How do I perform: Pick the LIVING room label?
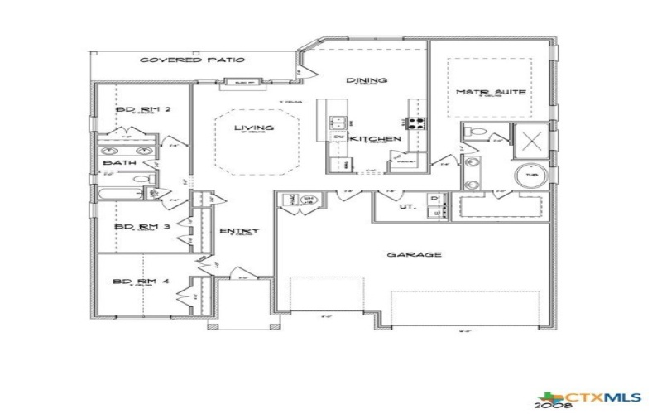253,128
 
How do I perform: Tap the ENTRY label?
239,231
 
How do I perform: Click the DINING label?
367,80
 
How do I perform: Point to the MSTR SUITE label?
492,92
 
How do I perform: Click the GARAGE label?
414,255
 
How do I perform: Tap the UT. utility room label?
406,207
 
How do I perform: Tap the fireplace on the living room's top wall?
244,82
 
